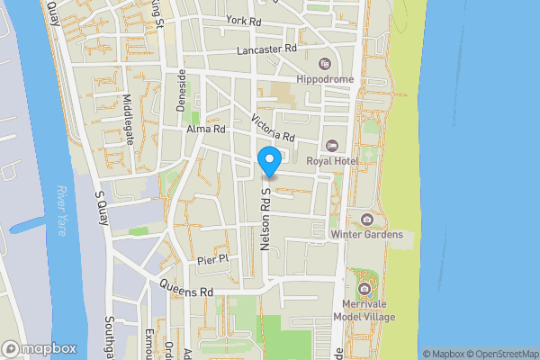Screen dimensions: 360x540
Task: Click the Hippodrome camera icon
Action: (x=325, y=65)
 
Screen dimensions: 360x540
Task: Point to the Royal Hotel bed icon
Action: (x=331, y=146)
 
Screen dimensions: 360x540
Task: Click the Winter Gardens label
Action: (x=365, y=235)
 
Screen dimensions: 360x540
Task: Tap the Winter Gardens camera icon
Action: (x=366, y=220)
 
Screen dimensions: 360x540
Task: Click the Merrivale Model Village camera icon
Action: (x=364, y=289)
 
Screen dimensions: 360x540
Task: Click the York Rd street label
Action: (x=244, y=20)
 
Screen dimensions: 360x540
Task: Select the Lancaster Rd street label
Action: (x=266, y=50)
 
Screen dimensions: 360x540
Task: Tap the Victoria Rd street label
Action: (x=274, y=129)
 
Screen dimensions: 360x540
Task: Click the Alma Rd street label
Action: (x=205, y=130)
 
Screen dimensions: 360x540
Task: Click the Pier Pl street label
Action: (x=214, y=259)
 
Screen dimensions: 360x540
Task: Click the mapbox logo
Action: (x=40, y=348)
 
